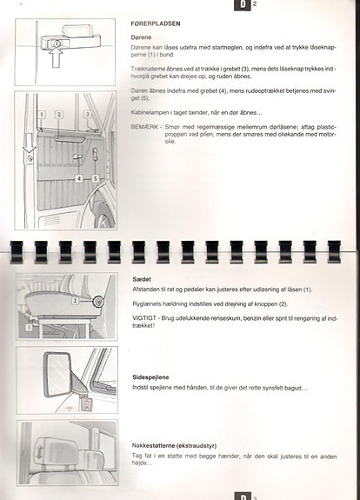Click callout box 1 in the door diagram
(42, 114)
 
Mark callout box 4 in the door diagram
(77, 177)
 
